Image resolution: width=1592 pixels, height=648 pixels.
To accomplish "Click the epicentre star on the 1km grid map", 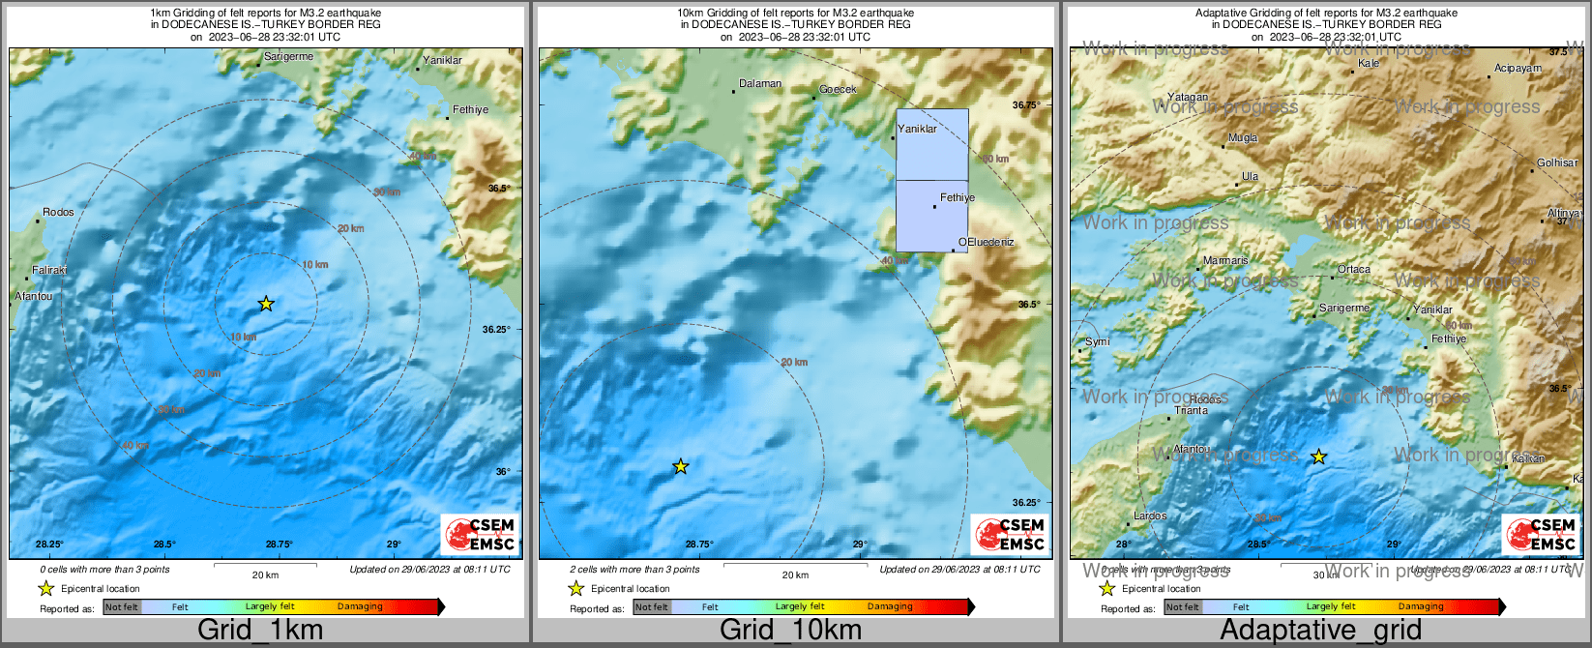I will tap(266, 304).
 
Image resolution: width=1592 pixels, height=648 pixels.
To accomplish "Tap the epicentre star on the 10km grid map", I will tap(680, 467).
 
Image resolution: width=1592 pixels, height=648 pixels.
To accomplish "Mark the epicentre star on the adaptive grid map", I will tap(1318, 457).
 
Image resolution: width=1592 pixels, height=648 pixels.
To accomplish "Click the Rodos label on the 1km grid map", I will tap(58, 213).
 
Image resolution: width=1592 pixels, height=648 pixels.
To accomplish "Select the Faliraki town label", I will tap(49, 271).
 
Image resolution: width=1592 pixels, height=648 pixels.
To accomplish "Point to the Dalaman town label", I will tap(760, 84).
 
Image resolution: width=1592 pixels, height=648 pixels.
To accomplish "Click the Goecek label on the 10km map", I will tap(838, 90).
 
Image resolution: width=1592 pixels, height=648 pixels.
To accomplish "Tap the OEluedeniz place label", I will tap(986, 242).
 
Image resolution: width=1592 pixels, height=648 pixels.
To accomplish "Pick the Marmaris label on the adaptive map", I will tap(1225, 261).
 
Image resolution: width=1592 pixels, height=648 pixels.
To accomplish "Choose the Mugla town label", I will tap(1243, 138).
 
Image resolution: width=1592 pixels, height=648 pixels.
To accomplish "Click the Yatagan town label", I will tap(1188, 98).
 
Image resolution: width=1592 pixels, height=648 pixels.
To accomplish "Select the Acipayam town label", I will tap(1518, 69).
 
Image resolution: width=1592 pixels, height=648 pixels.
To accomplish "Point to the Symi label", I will tap(1098, 342).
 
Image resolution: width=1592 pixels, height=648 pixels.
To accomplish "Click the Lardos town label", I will tap(1150, 516).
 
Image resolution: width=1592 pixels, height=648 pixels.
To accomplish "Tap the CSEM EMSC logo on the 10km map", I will tap(1010, 534).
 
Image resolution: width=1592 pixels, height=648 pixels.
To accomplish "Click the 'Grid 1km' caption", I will tap(260, 631).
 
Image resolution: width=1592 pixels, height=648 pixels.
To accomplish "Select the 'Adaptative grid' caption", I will tap(1320, 631).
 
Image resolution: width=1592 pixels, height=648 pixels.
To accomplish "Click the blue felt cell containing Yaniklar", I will tap(931, 144).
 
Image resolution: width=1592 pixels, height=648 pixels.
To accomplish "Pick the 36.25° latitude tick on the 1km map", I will tap(496, 330).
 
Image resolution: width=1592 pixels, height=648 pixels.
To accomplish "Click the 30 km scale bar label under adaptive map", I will tap(1325, 575).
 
